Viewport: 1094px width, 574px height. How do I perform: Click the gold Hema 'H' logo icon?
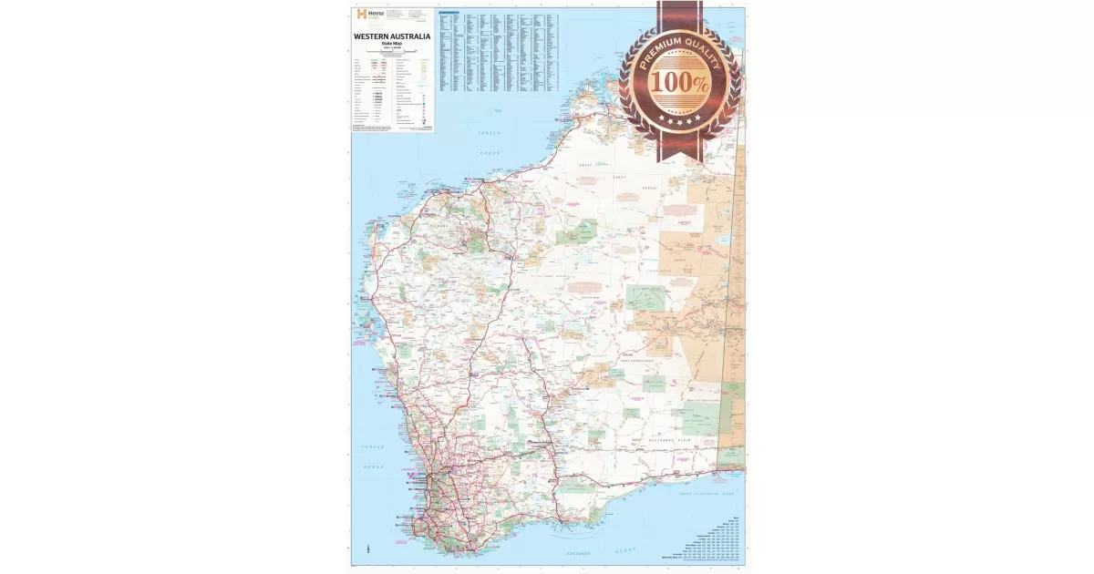pos(360,15)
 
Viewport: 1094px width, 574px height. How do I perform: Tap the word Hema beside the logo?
pos(375,13)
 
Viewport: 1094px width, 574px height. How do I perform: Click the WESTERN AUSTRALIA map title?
pos(391,37)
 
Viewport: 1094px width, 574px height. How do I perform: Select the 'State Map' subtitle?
pos(391,44)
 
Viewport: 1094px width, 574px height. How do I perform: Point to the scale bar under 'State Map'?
pos(391,53)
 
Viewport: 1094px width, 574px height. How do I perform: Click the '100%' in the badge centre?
pos(679,81)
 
